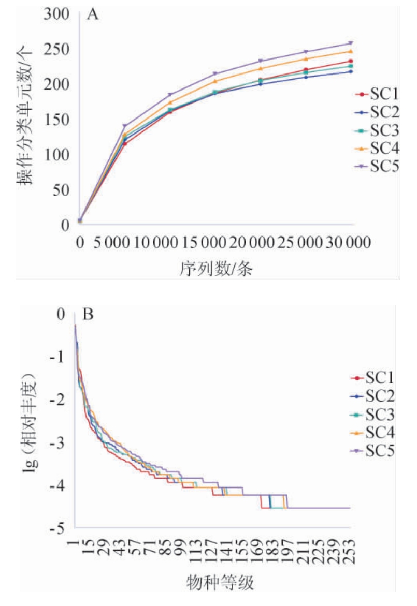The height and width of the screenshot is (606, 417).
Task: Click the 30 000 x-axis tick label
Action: click(x=345, y=243)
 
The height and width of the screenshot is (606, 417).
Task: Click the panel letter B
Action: click(x=88, y=315)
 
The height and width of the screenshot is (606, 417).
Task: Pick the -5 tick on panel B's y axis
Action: click(x=57, y=529)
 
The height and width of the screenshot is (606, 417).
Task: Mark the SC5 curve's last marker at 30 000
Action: click(x=351, y=43)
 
